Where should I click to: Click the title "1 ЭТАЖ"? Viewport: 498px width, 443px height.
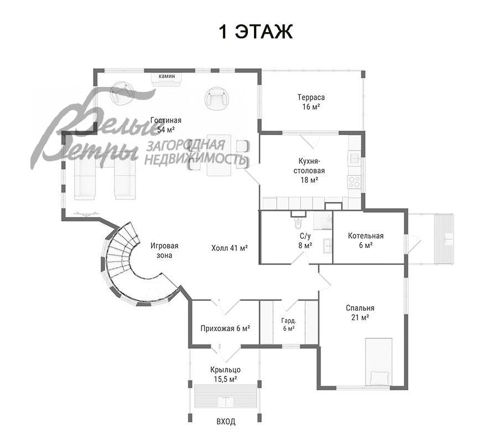(x=255, y=32)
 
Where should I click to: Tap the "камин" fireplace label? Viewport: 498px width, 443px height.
(x=167, y=76)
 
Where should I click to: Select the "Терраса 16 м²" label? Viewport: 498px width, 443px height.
(x=310, y=102)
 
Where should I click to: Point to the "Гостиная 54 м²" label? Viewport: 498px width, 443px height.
(x=166, y=125)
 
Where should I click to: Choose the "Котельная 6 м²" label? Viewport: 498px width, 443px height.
(x=365, y=240)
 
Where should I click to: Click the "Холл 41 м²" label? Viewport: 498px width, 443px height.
(x=229, y=248)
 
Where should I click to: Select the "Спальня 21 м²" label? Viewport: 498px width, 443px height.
(x=360, y=312)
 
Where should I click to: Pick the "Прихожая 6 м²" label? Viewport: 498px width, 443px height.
(x=225, y=328)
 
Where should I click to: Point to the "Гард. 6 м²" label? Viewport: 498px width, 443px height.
(x=288, y=324)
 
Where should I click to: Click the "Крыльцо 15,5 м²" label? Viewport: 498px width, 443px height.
(x=225, y=374)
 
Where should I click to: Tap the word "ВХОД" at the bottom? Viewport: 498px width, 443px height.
(x=225, y=421)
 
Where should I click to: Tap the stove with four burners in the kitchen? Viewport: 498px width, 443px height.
(x=353, y=181)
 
